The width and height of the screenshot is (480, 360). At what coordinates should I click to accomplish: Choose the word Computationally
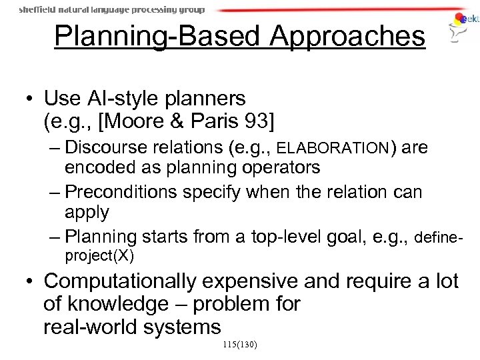127,282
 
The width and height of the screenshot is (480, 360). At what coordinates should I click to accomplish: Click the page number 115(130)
239,345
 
